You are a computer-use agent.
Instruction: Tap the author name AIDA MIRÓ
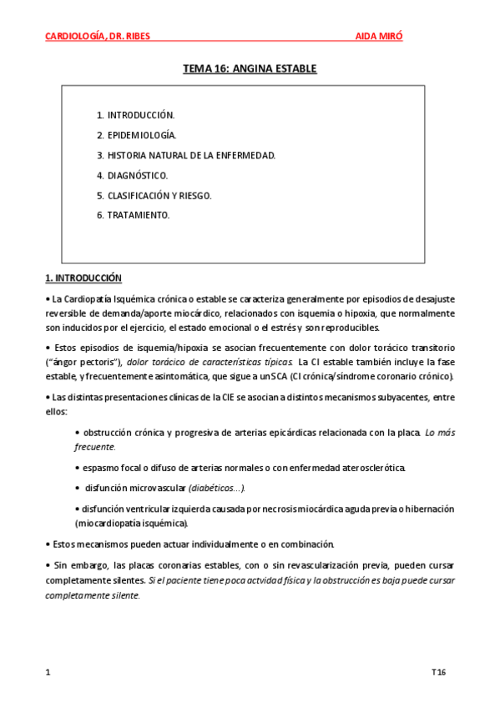[x=383, y=37]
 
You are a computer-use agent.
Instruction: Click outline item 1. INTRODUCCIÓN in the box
[x=135, y=115]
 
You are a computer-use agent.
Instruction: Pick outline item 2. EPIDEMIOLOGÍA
[x=136, y=135]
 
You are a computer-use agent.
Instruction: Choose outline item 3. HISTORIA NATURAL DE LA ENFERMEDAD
[x=185, y=155]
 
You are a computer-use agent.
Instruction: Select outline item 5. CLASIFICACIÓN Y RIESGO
[x=154, y=195]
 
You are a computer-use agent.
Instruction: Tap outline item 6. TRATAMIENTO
[x=133, y=215]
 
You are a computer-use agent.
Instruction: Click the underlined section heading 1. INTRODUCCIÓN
[x=83, y=278]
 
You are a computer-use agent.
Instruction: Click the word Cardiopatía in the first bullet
[x=89, y=298]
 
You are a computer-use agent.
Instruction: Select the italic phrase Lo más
[x=440, y=432]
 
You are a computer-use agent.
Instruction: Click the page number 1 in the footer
[x=48, y=672]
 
